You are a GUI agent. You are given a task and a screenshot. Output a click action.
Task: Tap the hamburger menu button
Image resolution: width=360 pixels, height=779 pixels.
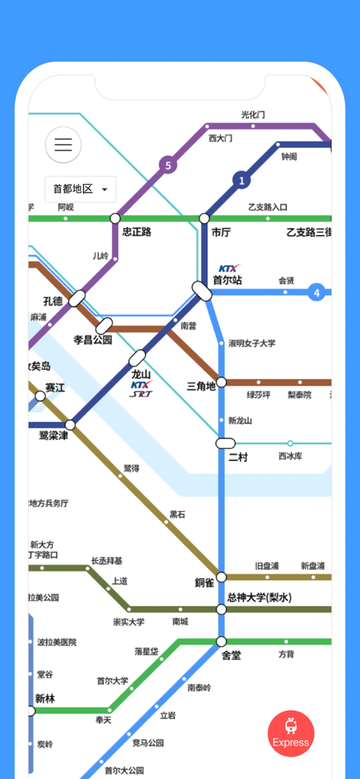63,145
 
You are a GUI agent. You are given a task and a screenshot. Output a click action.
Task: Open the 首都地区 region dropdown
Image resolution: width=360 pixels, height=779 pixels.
80,189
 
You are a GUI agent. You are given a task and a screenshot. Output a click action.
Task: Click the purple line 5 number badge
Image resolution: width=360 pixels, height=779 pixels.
167,164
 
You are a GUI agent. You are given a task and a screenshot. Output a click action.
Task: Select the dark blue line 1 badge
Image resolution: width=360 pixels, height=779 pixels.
242,180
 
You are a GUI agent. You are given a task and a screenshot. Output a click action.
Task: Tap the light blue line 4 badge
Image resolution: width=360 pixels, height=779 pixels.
317,291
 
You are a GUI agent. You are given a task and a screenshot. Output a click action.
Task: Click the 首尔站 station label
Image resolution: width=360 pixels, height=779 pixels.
227,280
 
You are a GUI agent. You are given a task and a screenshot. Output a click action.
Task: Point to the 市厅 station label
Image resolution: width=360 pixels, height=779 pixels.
221,232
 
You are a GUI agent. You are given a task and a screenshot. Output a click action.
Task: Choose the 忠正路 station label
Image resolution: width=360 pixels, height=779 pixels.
137,232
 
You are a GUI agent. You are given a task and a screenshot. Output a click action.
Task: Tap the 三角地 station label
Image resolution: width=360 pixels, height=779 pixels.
201,386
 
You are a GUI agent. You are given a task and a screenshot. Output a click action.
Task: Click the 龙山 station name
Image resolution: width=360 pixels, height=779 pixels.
142,374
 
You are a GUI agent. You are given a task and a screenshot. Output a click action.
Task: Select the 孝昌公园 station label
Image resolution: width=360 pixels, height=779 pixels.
93,340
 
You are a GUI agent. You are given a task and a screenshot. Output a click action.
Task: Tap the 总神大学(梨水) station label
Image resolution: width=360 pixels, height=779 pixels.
259,597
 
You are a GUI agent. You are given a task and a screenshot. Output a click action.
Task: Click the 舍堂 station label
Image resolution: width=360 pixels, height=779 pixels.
231,655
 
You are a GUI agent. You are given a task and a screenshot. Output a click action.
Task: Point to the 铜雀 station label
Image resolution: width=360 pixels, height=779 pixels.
204,583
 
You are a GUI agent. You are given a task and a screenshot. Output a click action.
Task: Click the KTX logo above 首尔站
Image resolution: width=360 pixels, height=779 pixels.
229,269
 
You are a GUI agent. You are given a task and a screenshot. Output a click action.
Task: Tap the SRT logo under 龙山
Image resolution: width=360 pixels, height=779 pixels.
140,394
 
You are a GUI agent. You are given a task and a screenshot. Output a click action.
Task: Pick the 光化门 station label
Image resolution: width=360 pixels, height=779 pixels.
253,115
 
